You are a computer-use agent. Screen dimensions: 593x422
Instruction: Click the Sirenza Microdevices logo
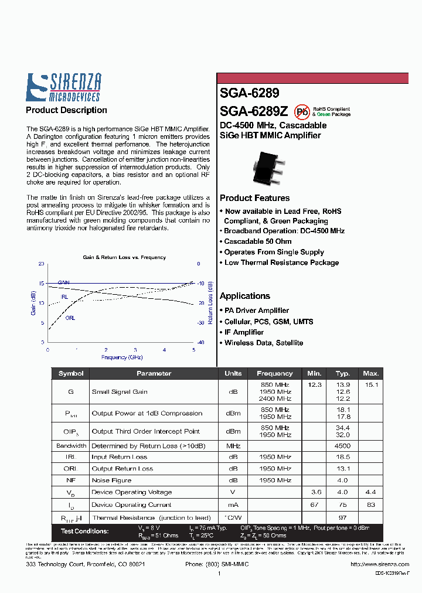(x=63, y=87)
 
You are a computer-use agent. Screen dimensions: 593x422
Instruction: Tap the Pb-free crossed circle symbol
(x=302, y=111)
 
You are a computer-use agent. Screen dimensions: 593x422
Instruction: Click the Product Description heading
(x=66, y=110)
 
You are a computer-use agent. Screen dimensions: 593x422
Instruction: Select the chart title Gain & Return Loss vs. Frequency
(x=124, y=257)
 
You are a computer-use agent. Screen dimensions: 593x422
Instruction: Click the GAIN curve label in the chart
(x=63, y=282)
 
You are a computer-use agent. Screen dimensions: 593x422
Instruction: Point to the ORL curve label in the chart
(x=70, y=318)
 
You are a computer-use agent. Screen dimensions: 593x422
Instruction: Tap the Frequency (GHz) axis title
(x=122, y=357)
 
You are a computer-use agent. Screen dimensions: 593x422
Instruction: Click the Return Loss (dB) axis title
(x=210, y=303)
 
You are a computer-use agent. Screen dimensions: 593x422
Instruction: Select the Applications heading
(x=245, y=296)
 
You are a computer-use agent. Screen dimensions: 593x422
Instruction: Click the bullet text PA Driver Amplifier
(x=256, y=311)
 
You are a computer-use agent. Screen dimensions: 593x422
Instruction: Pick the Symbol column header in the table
(x=71, y=373)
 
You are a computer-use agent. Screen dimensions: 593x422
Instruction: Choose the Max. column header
(x=371, y=373)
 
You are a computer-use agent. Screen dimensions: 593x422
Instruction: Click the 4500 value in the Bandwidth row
(x=343, y=445)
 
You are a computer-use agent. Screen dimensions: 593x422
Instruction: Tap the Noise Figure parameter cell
(x=111, y=480)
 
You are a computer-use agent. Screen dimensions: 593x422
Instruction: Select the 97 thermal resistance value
(x=343, y=517)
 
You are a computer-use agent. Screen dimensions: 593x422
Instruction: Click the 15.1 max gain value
(x=372, y=384)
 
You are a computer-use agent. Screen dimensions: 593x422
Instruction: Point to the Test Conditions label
(x=84, y=531)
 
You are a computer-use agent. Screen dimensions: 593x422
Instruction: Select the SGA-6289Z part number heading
(x=253, y=111)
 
